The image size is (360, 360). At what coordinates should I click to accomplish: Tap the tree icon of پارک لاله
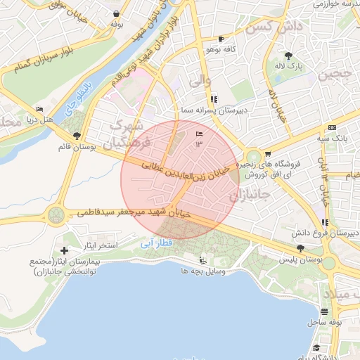point(288,55)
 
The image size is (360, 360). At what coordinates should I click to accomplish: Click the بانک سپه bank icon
point(331,128)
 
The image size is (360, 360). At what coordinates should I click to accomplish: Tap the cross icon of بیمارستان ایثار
point(65,250)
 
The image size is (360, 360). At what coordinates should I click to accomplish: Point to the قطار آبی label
point(156,243)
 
